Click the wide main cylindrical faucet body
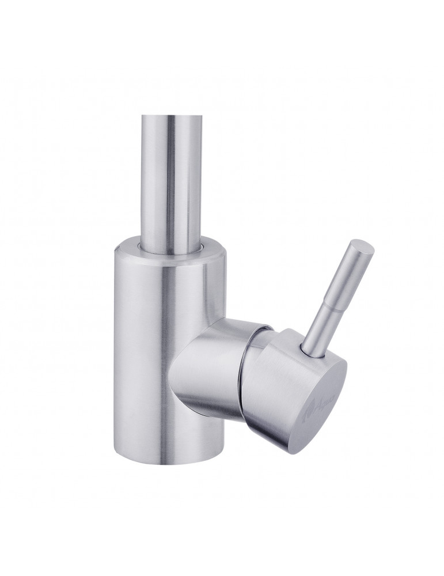pyautogui.click(x=150, y=346)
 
